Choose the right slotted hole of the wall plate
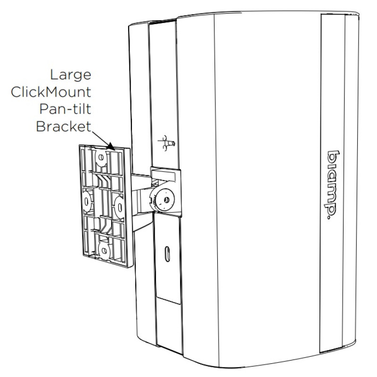tap(118, 204)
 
